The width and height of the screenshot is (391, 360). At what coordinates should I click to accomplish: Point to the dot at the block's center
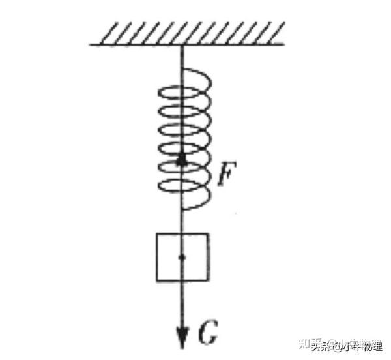click(182, 258)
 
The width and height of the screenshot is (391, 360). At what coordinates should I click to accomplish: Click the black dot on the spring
click(182, 160)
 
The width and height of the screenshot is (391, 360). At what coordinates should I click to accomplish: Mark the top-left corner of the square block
click(156, 233)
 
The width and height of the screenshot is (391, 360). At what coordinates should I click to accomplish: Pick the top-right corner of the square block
click(209, 233)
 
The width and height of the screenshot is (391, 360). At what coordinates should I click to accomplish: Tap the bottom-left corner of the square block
click(156, 281)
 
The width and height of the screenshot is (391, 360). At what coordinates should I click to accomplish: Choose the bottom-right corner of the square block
click(209, 281)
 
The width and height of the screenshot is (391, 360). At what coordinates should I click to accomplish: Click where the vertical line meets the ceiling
click(182, 44)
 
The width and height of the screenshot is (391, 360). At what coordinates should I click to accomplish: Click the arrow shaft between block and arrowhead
click(182, 303)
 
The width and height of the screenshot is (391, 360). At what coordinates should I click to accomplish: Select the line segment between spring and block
click(182, 222)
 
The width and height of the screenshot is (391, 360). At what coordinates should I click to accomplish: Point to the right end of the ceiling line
click(285, 44)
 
